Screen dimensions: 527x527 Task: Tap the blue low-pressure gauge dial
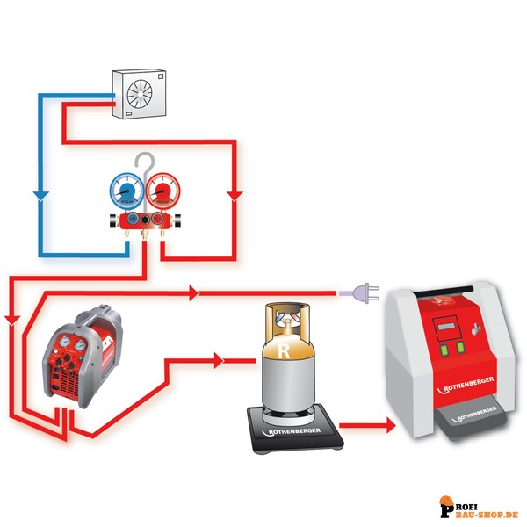pyautogui.click(x=127, y=190)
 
